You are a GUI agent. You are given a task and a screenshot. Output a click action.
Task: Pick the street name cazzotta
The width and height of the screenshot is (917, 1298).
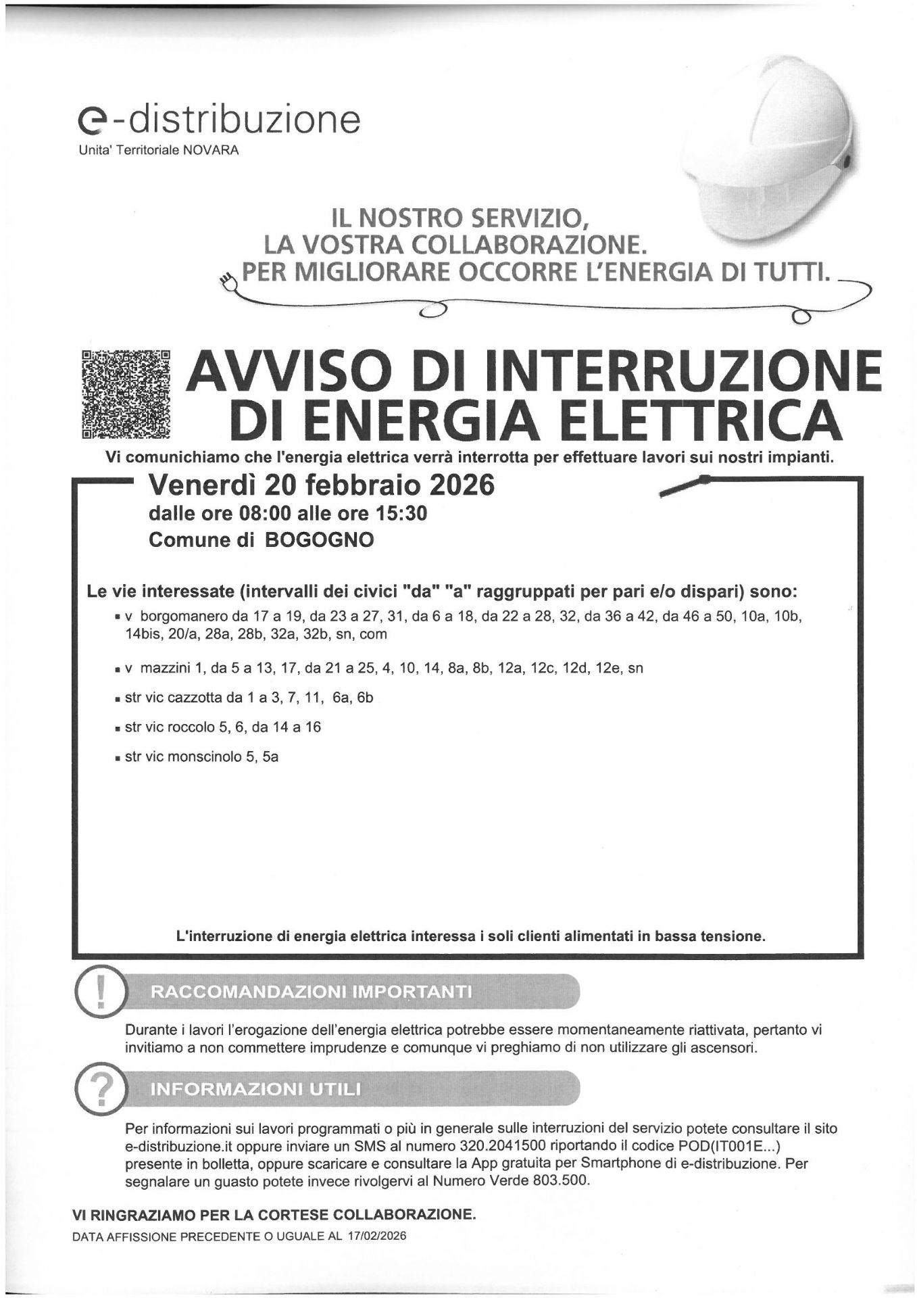click(x=193, y=698)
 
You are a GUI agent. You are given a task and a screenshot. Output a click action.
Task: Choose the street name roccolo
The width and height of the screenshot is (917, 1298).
click(x=190, y=727)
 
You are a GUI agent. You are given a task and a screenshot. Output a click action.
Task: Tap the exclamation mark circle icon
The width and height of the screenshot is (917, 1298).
click(x=100, y=992)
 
